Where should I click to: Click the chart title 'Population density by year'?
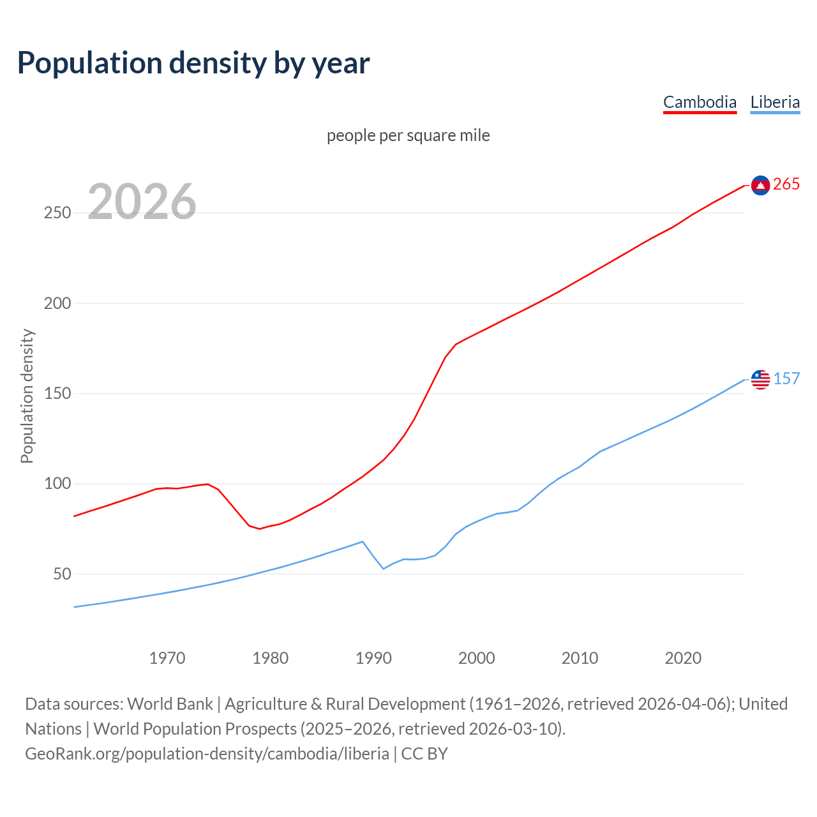193,63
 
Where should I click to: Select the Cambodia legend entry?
700,102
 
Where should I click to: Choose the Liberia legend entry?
775,102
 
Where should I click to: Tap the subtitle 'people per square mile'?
408,136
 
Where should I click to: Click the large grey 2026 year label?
142,202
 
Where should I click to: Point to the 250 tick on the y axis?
57,213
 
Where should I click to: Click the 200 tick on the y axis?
57,303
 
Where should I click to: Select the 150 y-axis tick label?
57,394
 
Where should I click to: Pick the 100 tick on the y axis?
57,484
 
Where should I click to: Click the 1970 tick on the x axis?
167,658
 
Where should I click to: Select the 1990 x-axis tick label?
373,658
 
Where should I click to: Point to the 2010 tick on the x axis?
580,658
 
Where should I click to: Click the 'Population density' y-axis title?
27,396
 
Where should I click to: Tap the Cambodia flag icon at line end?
760,185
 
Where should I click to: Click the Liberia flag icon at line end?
760,379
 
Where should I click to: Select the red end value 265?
786,184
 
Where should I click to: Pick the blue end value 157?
786,379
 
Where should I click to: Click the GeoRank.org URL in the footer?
207,754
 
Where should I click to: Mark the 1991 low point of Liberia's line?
384,569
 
